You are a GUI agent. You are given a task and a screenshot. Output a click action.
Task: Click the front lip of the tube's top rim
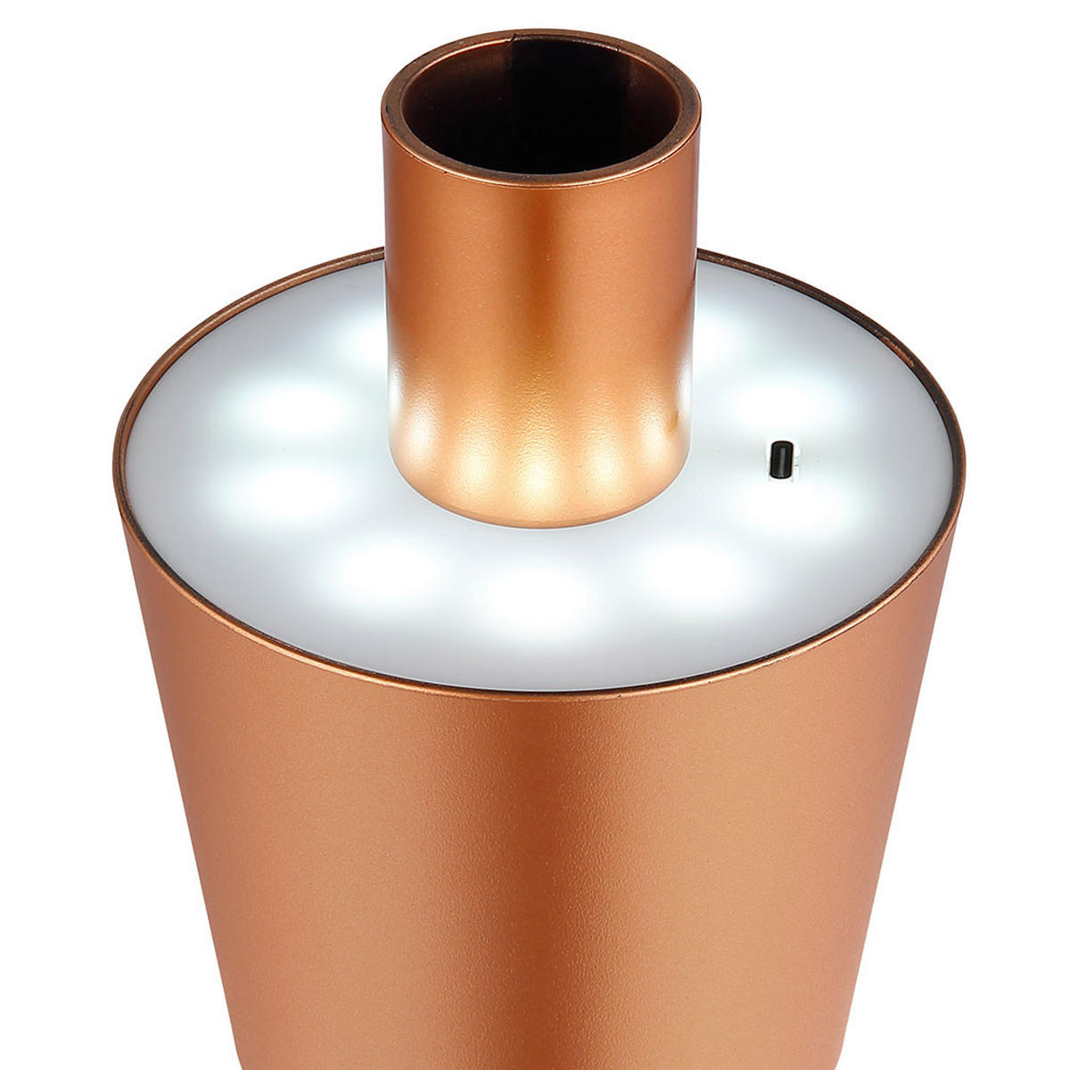pyautogui.click(x=540, y=183)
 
